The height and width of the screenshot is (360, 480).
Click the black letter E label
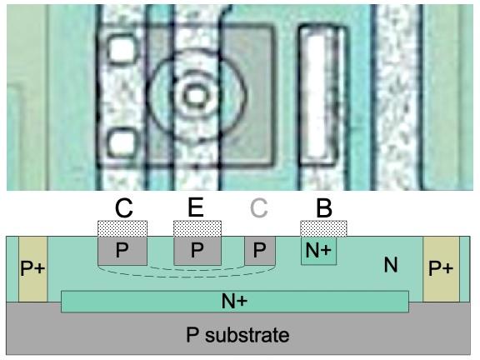[x=196, y=207]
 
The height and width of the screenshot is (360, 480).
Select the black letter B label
[x=324, y=208]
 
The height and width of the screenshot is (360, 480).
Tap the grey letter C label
[x=259, y=207]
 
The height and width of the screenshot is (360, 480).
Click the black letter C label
[x=123, y=208]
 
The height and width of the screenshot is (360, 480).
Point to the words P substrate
[x=237, y=335]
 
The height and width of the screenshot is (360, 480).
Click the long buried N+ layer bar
[x=235, y=302]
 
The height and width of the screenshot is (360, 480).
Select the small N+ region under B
[x=318, y=251]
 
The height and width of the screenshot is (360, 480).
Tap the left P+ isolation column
[x=33, y=269]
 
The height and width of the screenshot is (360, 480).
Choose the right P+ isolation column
[x=441, y=269]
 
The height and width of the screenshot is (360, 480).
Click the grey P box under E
[x=197, y=251]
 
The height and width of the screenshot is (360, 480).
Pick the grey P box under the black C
[x=122, y=251]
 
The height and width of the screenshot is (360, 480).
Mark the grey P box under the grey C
[x=260, y=251]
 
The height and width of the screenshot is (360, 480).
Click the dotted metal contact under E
[x=197, y=228]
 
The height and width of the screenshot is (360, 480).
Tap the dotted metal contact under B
[x=324, y=228]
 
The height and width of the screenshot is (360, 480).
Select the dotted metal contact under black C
[x=122, y=228]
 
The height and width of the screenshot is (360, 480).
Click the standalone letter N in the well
[x=391, y=265]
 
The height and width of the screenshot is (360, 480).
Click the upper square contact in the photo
[x=122, y=50]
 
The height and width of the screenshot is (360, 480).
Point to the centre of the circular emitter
[x=196, y=96]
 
